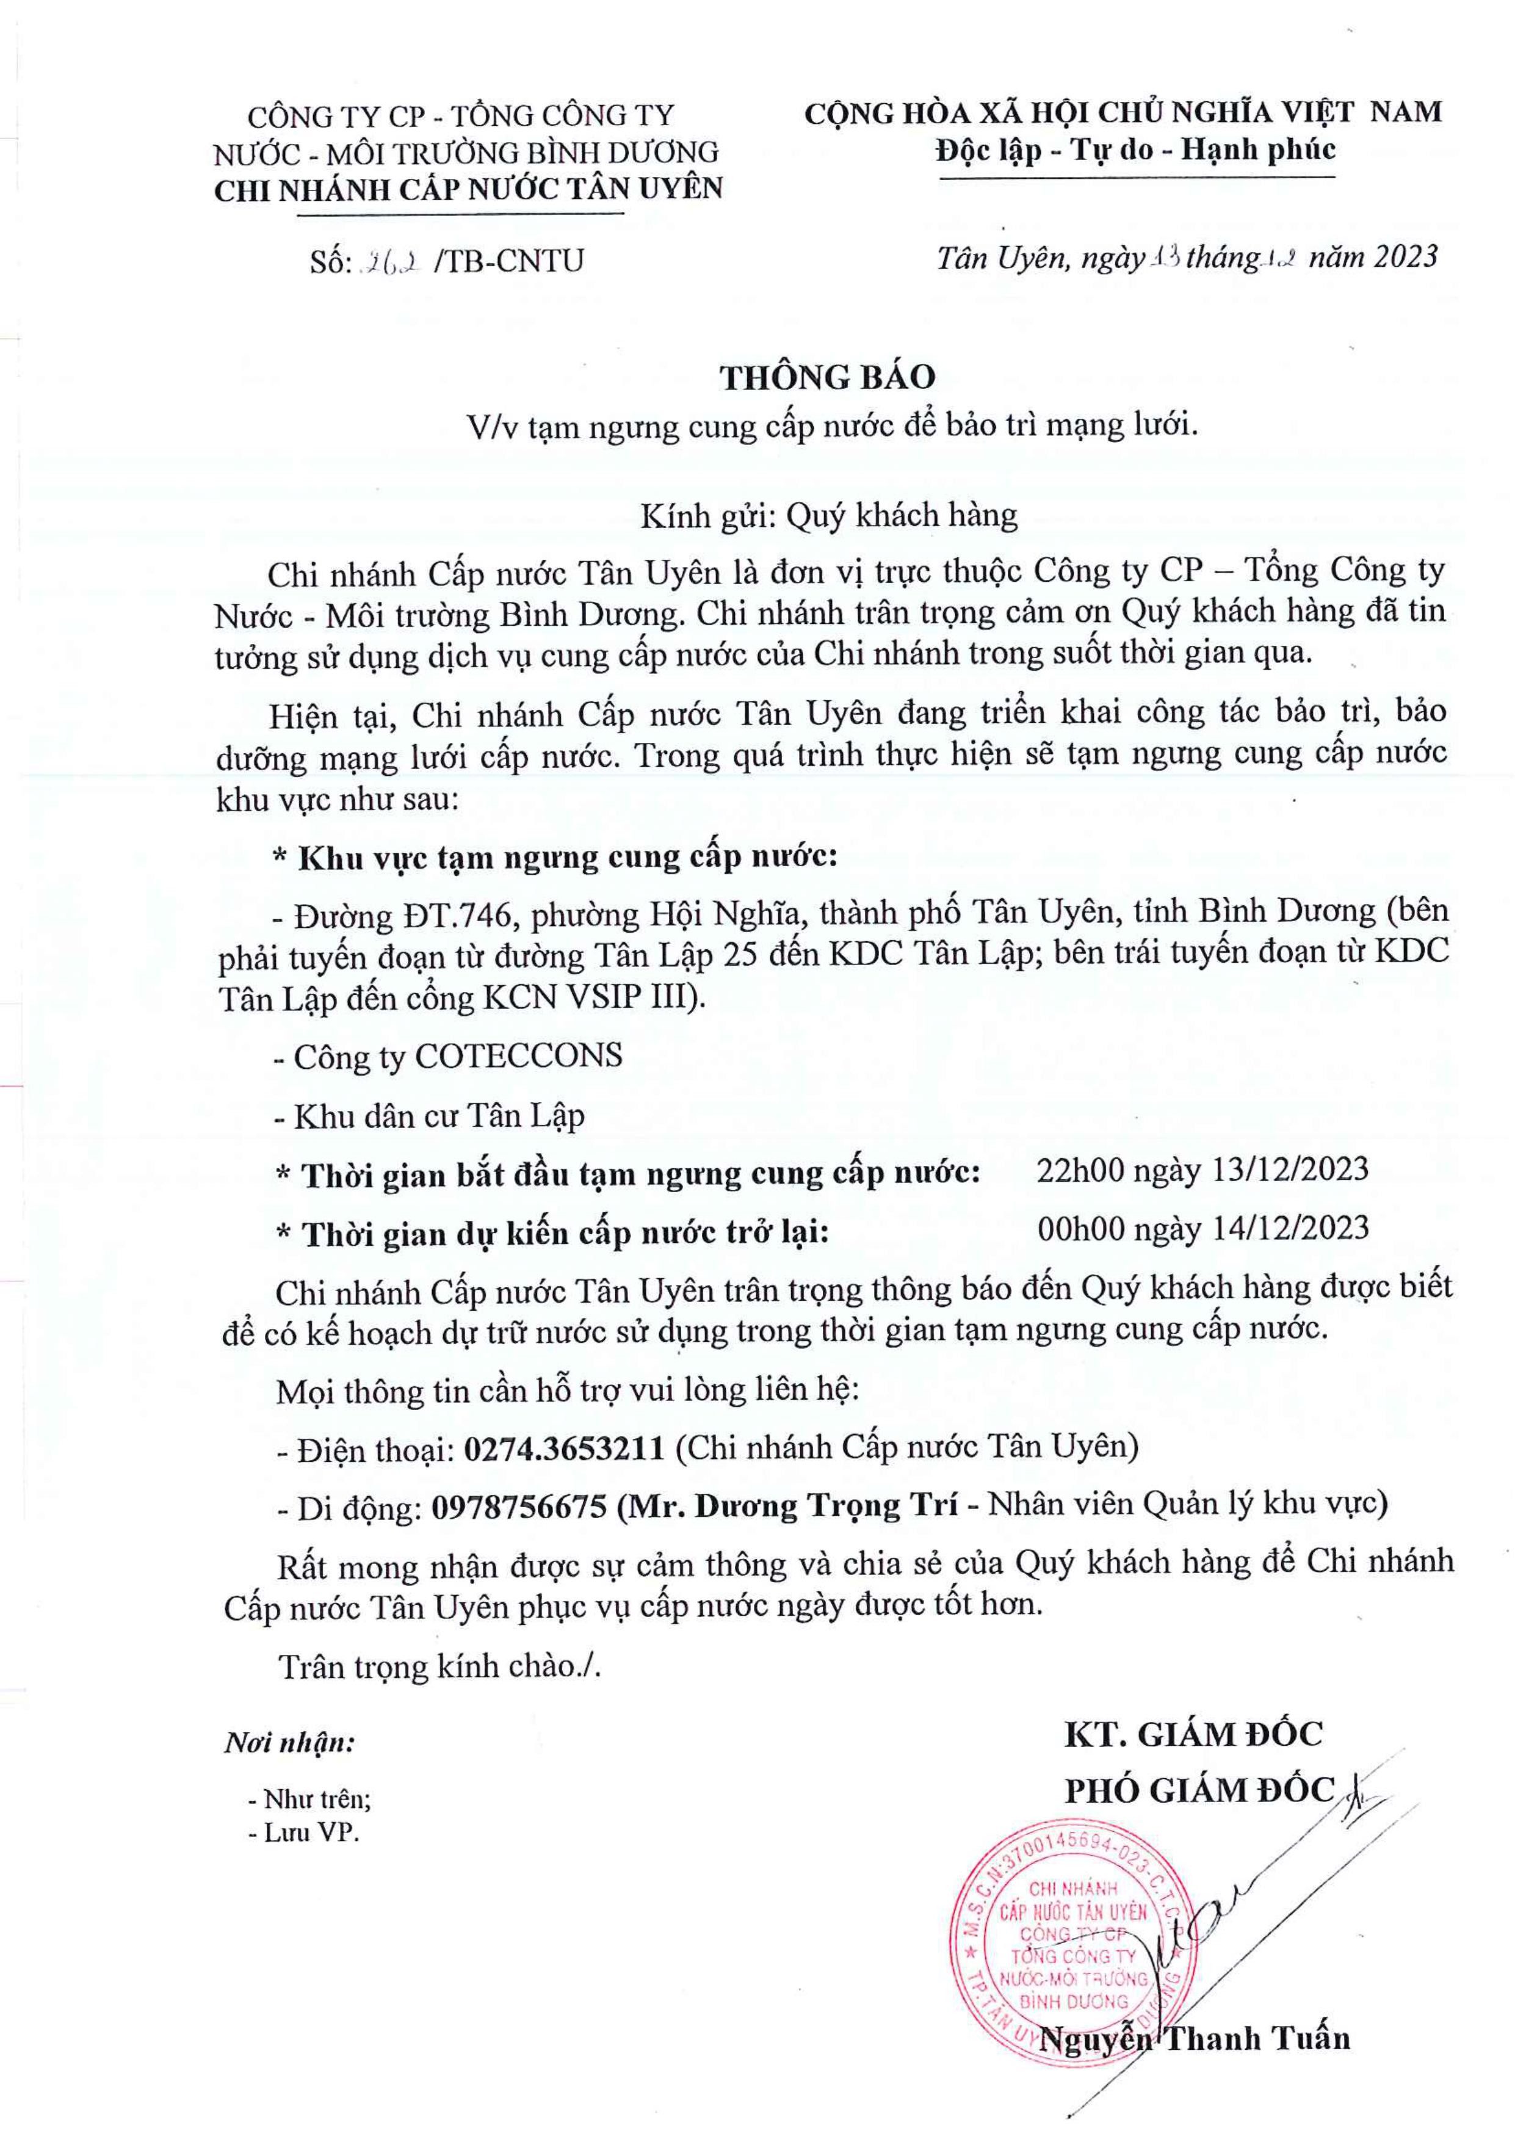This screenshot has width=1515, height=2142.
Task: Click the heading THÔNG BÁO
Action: tap(826, 377)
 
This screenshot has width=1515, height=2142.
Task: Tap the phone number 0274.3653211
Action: tap(563, 1447)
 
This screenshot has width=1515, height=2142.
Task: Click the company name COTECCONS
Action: tap(518, 1056)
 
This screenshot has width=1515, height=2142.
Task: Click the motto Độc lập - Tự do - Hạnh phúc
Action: tap(1135, 150)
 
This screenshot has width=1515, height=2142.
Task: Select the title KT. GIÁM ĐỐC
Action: tap(1193, 1734)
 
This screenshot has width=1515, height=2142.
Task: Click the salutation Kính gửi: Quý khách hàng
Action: tap(828, 515)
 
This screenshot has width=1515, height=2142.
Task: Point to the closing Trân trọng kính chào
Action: tap(438, 1667)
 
